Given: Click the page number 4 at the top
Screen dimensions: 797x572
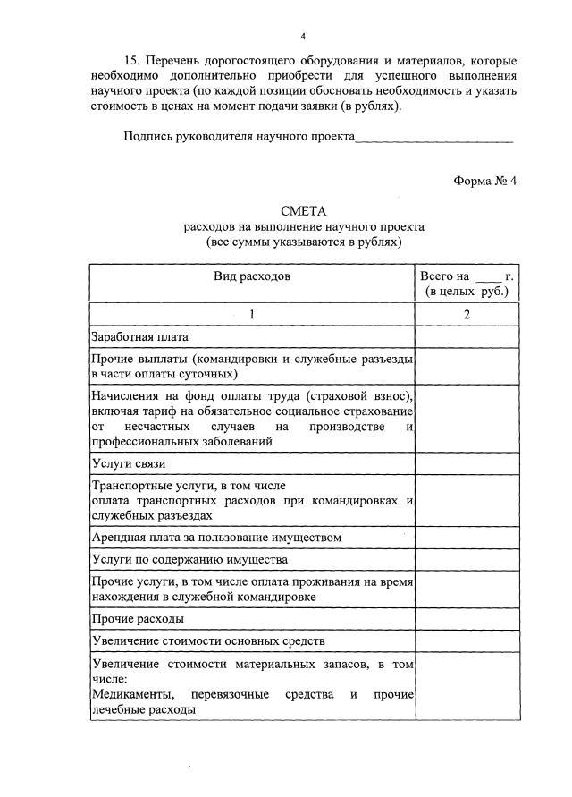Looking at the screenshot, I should coord(303,36).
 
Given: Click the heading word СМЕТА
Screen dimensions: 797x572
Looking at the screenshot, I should coord(304,211).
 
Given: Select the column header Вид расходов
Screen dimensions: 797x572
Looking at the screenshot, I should coord(252,277).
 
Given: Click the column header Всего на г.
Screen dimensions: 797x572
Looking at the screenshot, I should coord(466,284).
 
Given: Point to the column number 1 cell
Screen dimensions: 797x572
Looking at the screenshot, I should coord(252,314).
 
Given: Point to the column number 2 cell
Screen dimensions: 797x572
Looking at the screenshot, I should coord(466,314).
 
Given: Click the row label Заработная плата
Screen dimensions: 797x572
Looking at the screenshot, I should coord(140,337).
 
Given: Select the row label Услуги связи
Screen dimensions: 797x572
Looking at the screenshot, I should coord(129,463).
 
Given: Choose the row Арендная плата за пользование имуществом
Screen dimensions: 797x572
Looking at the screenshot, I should coord(217,537).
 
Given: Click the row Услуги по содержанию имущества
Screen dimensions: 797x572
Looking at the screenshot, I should coord(189,559).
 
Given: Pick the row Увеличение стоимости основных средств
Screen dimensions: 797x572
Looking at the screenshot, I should coord(208,640).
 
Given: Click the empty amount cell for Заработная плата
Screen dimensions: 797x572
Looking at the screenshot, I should coord(466,337).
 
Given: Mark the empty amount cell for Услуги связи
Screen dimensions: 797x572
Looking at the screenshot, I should coord(466,463).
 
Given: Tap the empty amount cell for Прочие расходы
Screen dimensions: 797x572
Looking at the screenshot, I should coord(466,618).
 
